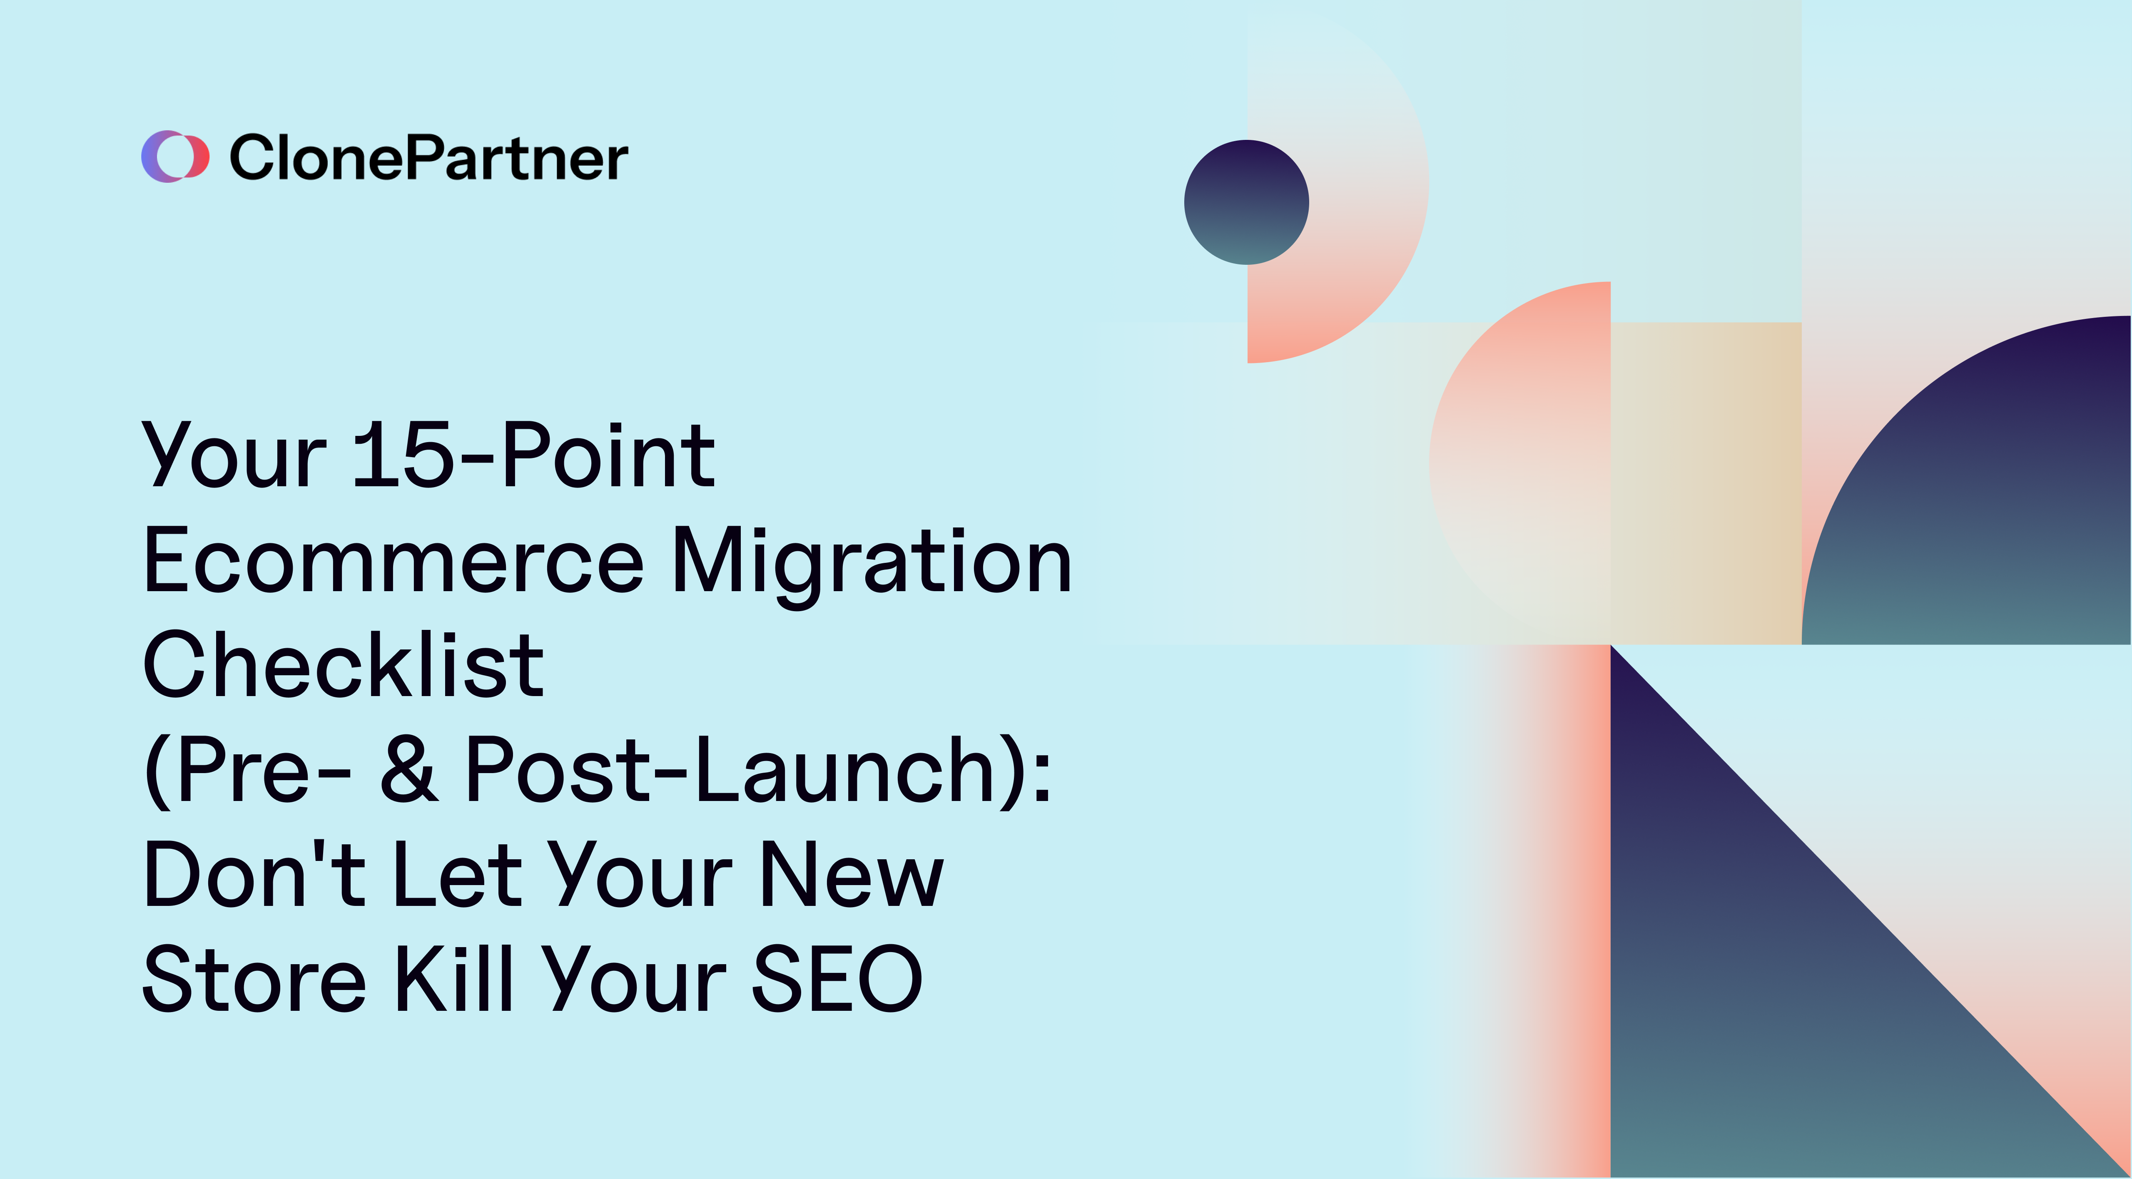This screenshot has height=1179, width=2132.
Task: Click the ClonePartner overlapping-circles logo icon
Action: pos(174,157)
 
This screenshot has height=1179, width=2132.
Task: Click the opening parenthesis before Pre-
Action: pos(157,771)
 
